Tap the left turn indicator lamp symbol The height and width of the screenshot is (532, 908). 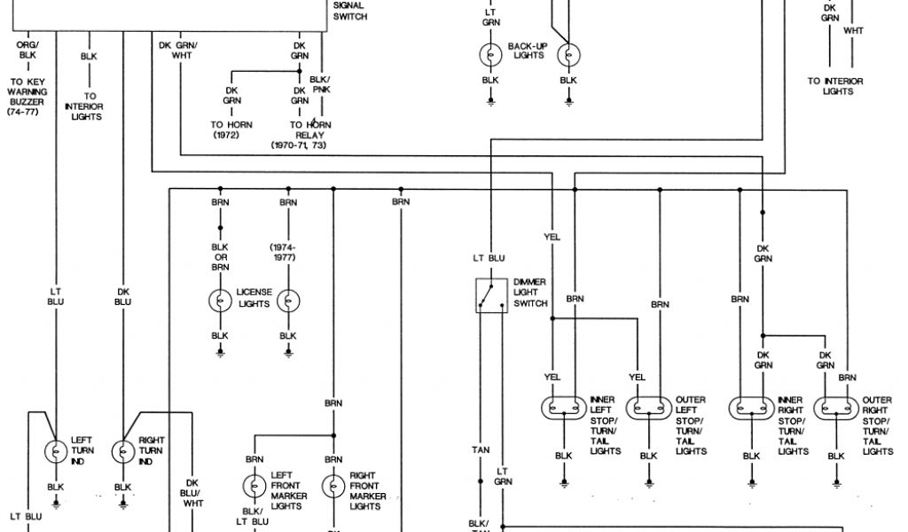tap(55, 450)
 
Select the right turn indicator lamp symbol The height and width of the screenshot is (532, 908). tap(122, 450)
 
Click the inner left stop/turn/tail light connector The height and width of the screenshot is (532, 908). tap(564, 408)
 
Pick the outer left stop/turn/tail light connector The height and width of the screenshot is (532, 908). tap(649, 408)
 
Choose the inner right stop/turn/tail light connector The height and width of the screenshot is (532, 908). tap(752, 408)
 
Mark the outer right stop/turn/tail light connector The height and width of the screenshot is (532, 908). tap(836, 408)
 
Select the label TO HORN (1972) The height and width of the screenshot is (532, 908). tap(231, 130)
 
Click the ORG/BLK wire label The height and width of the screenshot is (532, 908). tap(27, 49)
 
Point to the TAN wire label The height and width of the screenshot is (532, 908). tap(480, 450)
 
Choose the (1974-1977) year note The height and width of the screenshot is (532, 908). tap(284, 252)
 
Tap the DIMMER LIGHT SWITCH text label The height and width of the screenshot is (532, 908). tap(529, 293)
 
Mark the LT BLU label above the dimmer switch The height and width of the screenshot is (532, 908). tap(489, 258)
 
